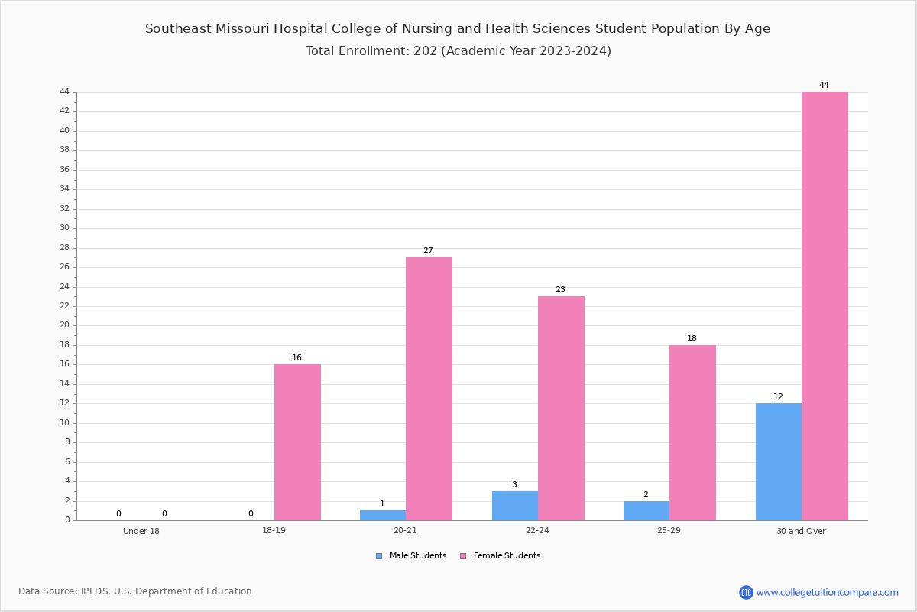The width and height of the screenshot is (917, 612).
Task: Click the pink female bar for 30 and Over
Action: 825,306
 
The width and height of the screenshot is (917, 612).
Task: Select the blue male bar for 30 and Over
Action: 779,462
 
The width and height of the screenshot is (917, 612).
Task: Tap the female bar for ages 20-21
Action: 429,389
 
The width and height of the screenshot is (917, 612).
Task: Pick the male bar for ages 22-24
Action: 515,506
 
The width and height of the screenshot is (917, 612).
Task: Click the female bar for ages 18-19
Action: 297,442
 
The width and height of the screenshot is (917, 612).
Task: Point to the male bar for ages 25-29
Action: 646,511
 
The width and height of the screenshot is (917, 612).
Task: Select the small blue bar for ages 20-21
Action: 383,516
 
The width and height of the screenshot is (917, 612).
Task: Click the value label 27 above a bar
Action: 428,250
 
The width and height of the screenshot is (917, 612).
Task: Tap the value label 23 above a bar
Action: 560,289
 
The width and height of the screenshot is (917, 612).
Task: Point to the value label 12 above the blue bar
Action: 778,396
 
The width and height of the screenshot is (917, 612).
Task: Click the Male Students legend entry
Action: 411,556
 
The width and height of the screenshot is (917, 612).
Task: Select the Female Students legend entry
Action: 501,556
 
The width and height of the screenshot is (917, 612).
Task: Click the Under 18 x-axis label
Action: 141,531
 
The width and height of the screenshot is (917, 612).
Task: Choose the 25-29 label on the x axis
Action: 669,530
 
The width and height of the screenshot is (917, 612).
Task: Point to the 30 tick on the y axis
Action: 65,228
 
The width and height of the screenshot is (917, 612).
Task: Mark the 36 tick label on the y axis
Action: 65,169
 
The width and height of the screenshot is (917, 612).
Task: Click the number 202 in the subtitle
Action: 426,50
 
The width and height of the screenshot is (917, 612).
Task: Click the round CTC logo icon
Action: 746,592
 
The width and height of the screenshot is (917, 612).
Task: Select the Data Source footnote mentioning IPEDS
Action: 135,591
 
